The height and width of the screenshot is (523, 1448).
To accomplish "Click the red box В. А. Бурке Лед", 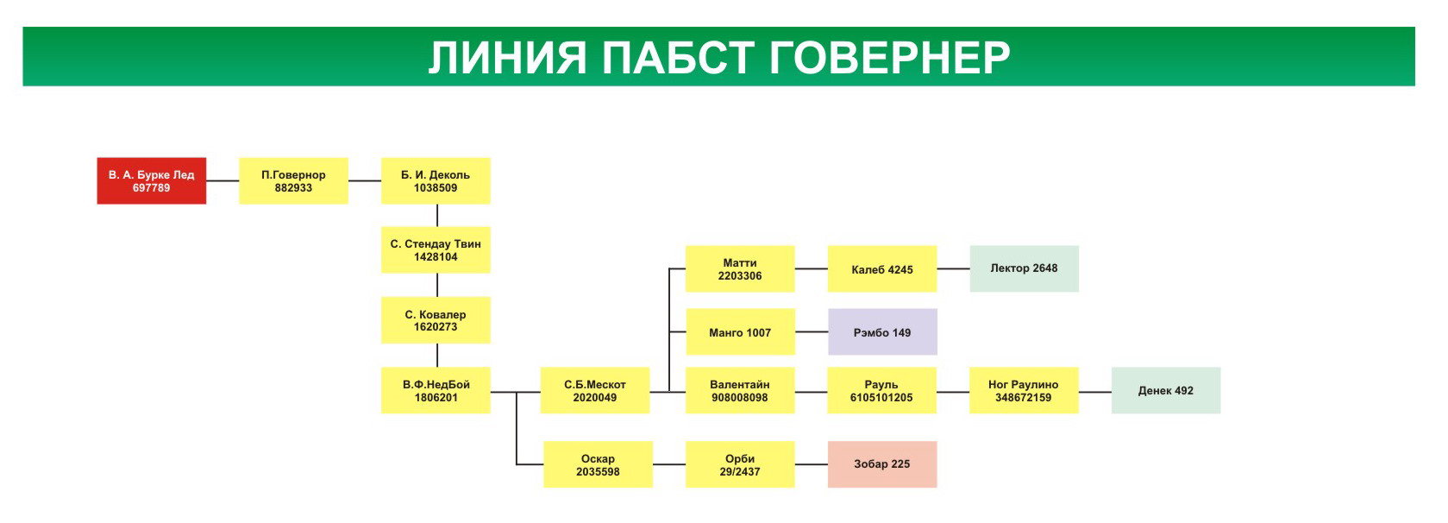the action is coord(151,180).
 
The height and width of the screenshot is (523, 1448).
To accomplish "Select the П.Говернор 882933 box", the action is coord(293,180).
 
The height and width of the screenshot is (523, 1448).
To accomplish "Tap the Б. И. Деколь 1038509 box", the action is coord(436,180).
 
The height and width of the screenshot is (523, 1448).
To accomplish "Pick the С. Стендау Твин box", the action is coord(436,250).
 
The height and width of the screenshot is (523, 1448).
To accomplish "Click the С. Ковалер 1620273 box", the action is coord(436,319).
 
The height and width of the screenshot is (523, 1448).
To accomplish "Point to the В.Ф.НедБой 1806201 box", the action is coord(436,390).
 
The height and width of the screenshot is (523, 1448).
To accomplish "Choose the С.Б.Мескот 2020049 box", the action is coord(595,390).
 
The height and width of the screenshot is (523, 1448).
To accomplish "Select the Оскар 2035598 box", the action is coord(598,464).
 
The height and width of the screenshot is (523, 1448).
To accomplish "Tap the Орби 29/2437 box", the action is coord(740,464).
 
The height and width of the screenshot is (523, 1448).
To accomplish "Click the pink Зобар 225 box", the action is coord(882,464).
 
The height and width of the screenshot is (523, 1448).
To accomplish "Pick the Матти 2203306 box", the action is coord(740,268).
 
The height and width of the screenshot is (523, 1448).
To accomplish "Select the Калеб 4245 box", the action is coord(882,268).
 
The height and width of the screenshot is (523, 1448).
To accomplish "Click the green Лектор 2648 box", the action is coord(1025,268).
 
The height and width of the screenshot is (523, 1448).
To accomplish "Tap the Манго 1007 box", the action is coord(740,331).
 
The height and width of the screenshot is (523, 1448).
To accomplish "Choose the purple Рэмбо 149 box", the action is coord(882,331).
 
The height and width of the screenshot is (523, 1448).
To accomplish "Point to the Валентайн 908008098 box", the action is coord(740,390).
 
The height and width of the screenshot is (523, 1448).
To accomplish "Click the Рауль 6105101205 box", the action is coord(881,390).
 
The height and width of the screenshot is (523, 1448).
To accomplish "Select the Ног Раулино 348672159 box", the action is coord(1024,390).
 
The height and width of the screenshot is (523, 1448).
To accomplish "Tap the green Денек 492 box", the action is coord(1166,390).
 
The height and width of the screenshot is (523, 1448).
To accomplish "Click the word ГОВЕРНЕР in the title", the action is coord(889,58).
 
